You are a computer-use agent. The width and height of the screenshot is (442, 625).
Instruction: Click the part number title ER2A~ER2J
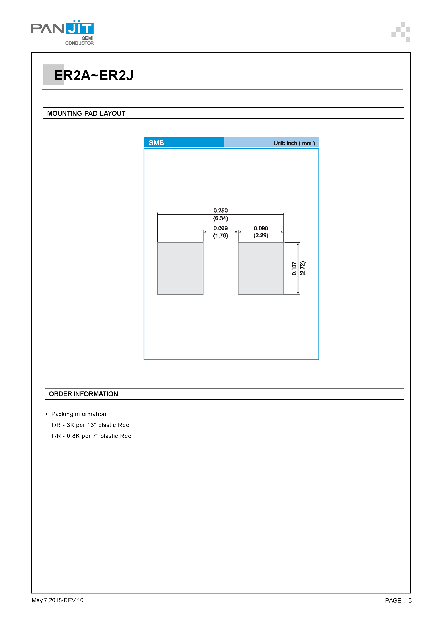click(x=94, y=75)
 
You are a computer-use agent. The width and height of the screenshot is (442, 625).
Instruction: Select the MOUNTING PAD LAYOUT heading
click(x=86, y=113)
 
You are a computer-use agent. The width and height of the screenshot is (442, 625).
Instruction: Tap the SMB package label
click(x=156, y=143)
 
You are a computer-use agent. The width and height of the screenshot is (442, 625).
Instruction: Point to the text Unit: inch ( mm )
click(x=294, y=143)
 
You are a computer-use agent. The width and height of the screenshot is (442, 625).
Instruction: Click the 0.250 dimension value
click(x=220, y=210)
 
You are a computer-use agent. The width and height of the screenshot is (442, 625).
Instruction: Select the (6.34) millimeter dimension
click(x=220, y=218)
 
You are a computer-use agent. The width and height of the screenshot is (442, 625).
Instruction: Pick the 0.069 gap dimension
click(x=220, y=228)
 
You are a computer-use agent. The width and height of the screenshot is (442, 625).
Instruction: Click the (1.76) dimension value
click(x=220, y=235)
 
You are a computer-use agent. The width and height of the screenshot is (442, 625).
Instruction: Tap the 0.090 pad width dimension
click(x=261, y=228)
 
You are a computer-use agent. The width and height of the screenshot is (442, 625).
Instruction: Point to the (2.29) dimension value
click(x=261, y=235)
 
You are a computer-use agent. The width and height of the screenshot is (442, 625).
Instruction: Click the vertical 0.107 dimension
click(x=294, y=268)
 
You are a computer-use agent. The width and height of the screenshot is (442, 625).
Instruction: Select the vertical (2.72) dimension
click(x=302, y=268)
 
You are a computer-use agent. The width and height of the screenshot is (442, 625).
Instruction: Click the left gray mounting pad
click(x=180, y=268)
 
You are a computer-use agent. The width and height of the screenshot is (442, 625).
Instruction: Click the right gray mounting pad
click(x=261, y=268)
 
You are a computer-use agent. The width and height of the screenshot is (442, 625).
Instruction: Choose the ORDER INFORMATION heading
click(x=83, y=394)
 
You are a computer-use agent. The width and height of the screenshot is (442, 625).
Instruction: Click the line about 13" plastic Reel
click(x=91, y=425)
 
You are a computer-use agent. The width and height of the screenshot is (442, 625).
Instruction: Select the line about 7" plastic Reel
click(x=92, y=436)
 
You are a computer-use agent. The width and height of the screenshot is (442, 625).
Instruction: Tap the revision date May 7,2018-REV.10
click(x=57, y=600)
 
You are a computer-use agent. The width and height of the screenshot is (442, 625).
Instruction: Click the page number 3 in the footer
click(x=410, y=600)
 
